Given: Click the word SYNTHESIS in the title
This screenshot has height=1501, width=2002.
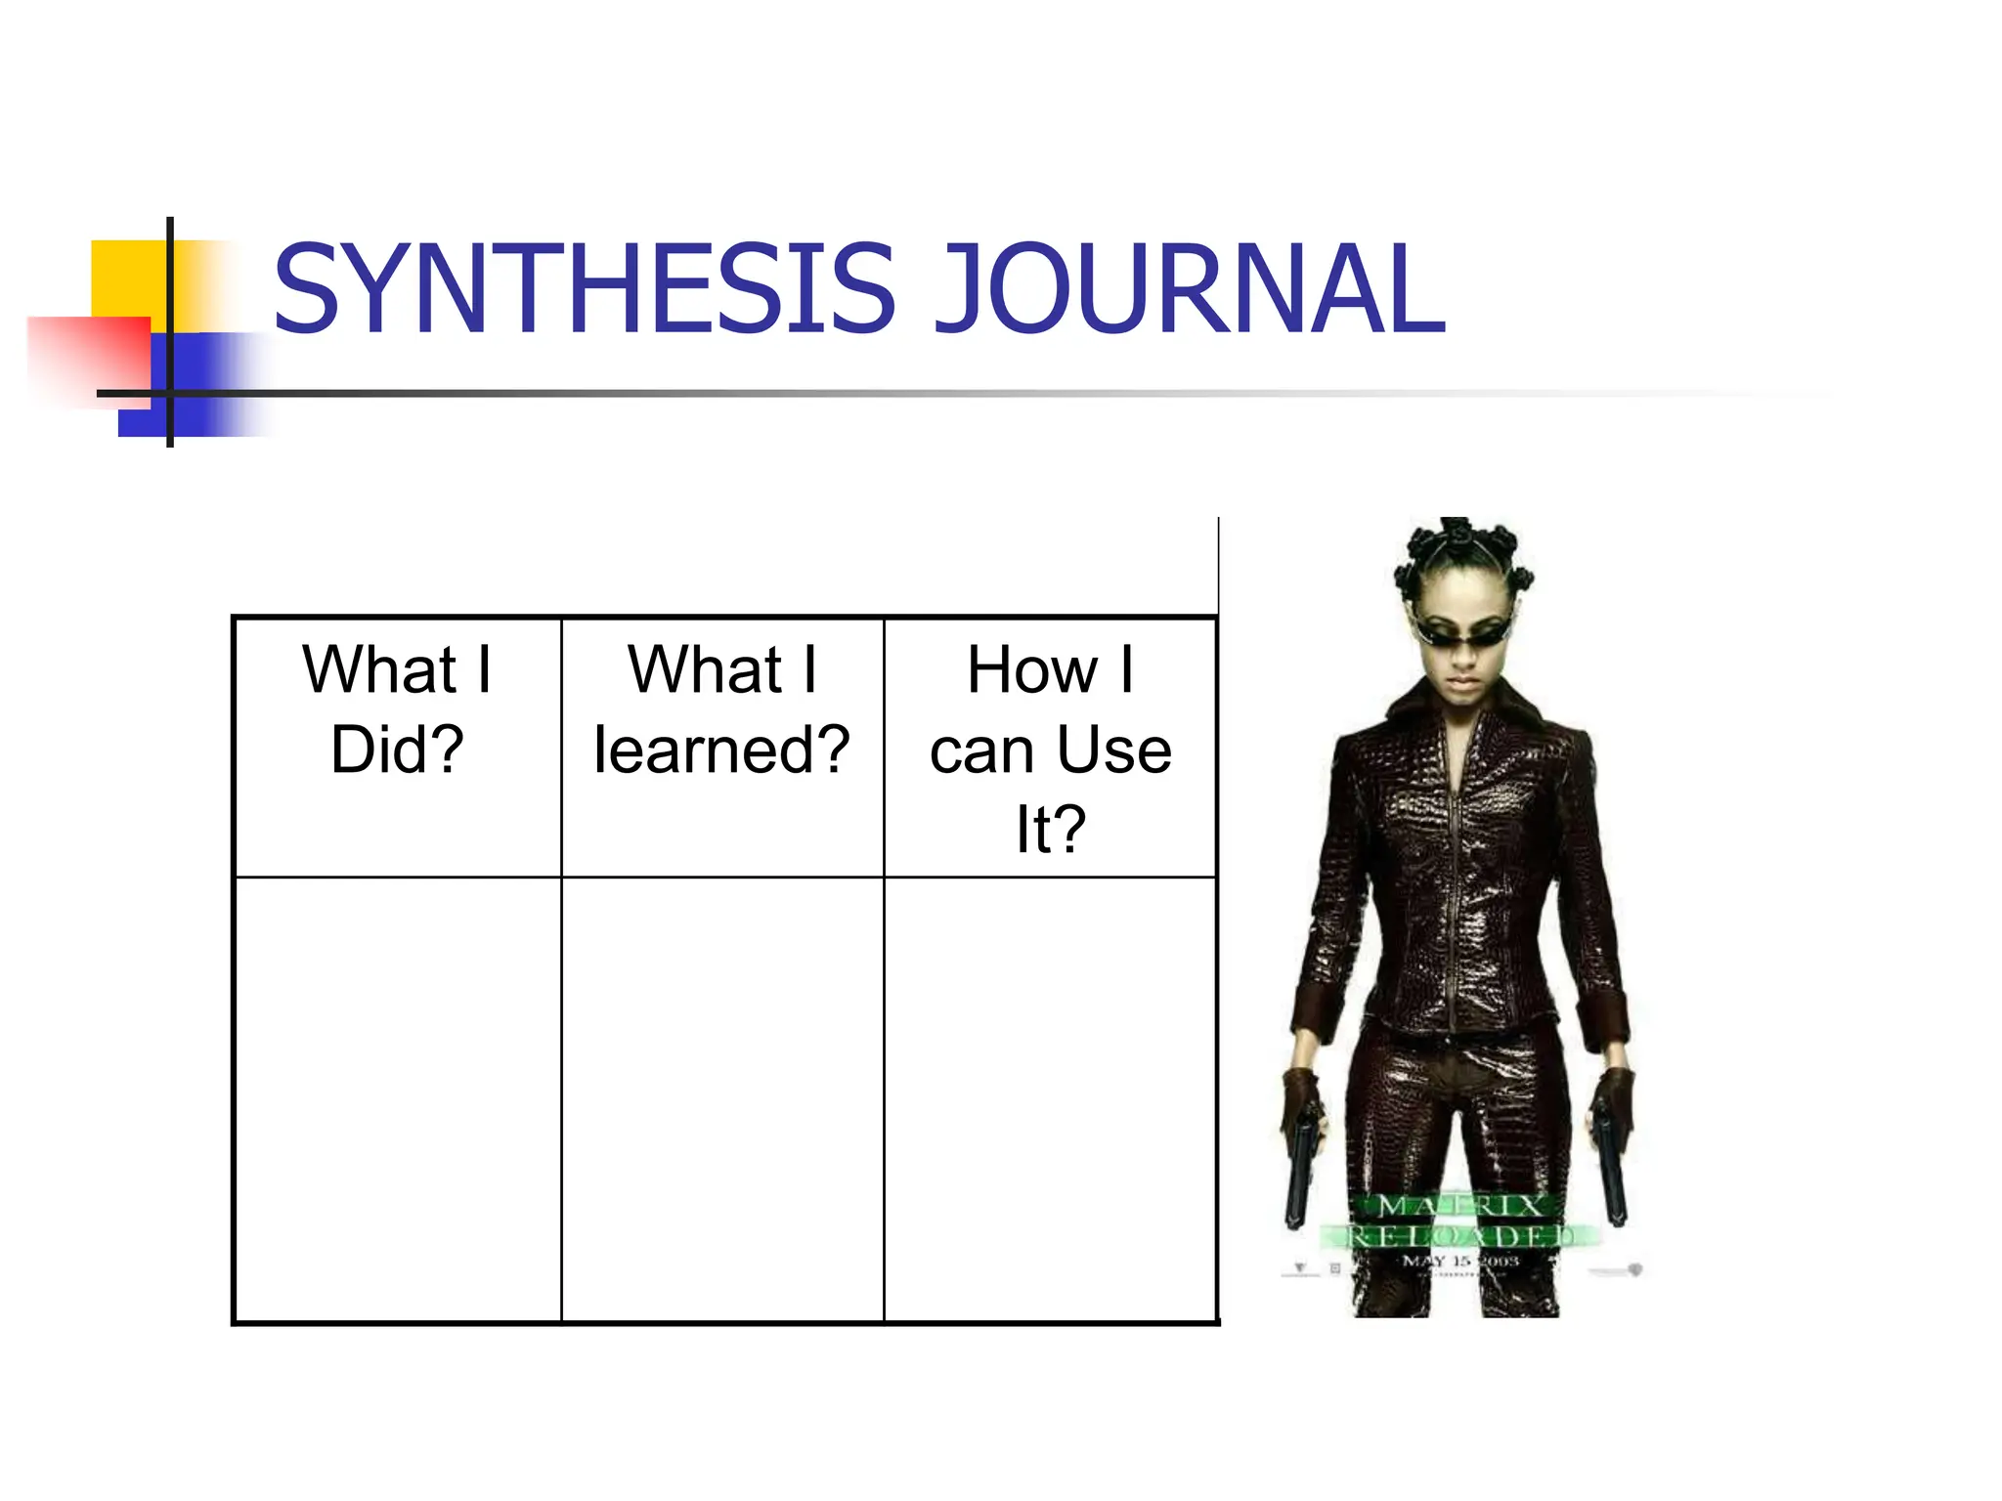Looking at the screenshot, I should click(x=584, y=288).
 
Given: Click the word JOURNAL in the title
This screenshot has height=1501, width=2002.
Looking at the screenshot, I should click(x=1190, y=288).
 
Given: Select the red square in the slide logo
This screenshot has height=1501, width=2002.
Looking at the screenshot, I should click(x=88, y=357).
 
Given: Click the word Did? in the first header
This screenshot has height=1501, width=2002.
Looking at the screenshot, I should click(x=397, y=750).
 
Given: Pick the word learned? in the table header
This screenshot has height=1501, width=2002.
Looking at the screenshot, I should click(x=721, y=750).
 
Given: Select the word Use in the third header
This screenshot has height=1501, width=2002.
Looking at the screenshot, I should click(x=1113, y=750).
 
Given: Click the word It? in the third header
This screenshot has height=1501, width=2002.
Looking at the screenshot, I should click(x=1051, y=829).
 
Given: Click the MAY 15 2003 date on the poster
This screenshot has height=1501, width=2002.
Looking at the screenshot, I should click(x=1460, y=1262).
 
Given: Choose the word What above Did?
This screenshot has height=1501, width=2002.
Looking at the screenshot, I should click(x=379, y=670).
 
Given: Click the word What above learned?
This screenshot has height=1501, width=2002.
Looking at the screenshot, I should click(x=705, y=670).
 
